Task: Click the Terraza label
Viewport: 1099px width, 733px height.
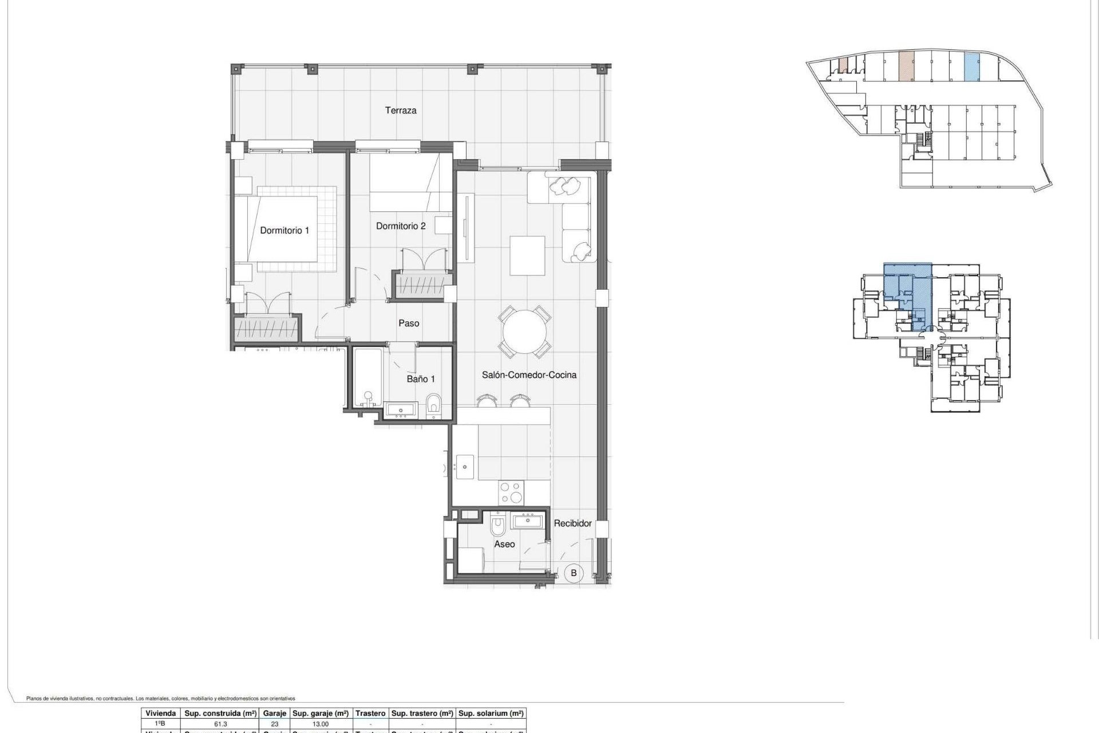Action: [x=400, y=111]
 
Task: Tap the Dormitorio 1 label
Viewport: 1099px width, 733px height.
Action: [x=284, y=230]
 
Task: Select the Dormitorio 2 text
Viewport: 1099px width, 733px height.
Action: [x=401, y=226]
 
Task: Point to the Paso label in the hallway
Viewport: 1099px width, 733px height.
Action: [x=409, y=324]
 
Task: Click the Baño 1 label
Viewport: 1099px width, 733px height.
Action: [x=421, y=379]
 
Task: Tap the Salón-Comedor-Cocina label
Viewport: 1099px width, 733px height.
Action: [x=529, y=375]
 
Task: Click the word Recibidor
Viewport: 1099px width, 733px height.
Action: [x=572, y=523]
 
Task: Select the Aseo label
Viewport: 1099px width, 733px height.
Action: [x=504, y=544]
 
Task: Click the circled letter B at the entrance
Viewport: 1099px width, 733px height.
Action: [x=574, y=573]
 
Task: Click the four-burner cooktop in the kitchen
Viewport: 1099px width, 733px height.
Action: [x=511, y=492]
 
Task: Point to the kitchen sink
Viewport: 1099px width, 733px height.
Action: [x=464, y=467]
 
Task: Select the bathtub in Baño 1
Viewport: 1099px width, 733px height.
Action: [x=366, y=378]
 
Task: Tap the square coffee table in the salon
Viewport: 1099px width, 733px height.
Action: [x=527, y=255]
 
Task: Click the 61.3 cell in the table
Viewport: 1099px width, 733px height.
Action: [x=220, y=724]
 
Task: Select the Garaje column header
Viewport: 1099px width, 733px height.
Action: [x=274, y=714]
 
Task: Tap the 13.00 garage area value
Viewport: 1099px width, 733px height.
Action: [x=321, y=724]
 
